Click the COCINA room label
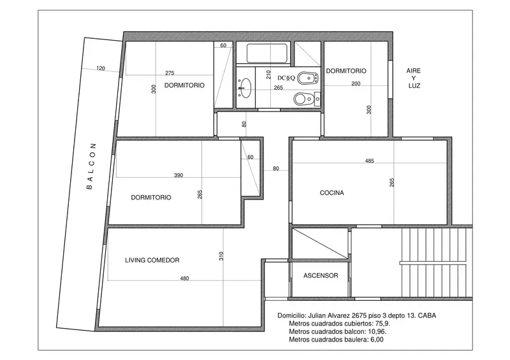coord(331,192)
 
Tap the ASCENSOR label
coord(321,275)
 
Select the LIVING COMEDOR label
coord(152,260)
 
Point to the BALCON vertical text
coord(91,166)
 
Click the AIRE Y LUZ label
coord(414,78)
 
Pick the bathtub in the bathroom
coord(266,54)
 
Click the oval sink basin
coord(245,88)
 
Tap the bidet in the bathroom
coord(307,78)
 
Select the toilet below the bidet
coord(307,99)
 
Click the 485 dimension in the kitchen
coord(370,161)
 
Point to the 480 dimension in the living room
coord(184,278)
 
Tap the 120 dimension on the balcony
coord(101,68)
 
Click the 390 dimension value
coord(178,175)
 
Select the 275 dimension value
coord(170,73)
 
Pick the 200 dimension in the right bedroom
coord(356,83)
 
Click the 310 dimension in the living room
coord(221,256)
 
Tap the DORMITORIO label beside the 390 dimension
coord(151,198)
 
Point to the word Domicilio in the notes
coord(291,315)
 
